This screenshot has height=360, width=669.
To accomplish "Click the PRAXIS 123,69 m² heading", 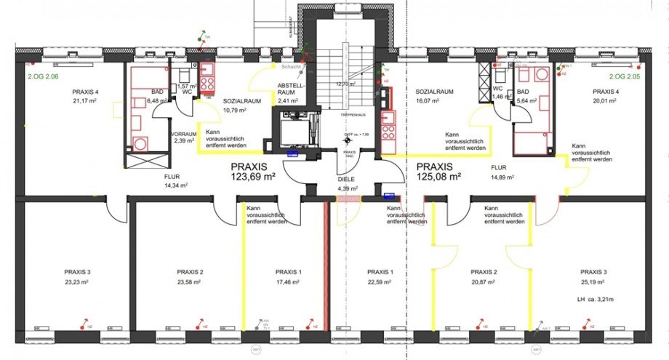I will coord(249,171).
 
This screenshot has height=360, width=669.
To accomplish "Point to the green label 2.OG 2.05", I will coord(625,76).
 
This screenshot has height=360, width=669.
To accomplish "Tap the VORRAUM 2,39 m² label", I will coord(184,137).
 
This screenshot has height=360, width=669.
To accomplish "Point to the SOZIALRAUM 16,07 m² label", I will coord(435,97).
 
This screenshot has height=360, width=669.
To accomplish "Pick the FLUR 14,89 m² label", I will coord(502,171).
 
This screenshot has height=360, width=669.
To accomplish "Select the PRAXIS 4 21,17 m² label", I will coord(84,97).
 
